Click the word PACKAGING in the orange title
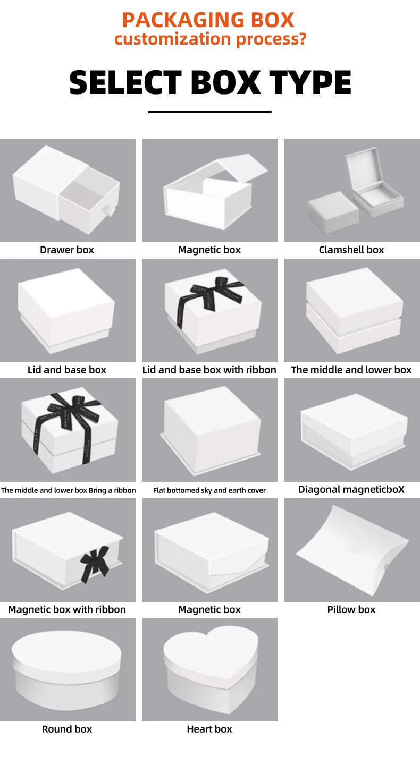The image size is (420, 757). (182, 20)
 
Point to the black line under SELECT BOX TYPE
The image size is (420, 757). (210, 112)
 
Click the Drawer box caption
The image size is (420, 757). (66, 250)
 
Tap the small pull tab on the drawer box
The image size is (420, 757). (109, 210)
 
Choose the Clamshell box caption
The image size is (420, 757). (351, 250)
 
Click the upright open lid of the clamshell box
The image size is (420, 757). (364, 167)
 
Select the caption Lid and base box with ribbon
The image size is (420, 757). (209, 370)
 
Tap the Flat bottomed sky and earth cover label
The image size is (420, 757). (209, 490)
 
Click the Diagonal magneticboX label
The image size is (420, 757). (351, 489)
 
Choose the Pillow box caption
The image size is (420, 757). (351, 609)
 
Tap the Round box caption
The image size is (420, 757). (67, 729)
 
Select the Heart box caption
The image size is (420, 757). (209, 729)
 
